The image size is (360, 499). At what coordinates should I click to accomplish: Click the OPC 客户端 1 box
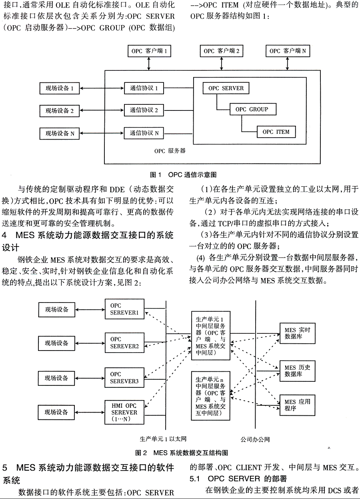(x=148, y=51)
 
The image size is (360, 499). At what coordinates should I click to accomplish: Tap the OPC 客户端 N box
(x=287, y=51)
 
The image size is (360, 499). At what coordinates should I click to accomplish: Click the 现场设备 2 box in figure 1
(x=60, y=110)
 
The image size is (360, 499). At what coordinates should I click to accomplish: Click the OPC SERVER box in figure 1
(x=226, y=88)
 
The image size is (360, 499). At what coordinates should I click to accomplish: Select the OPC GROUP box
(x=252, y=109)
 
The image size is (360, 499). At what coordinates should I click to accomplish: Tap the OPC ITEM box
(x=276, y=132)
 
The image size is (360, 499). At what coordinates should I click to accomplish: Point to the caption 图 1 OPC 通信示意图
(x=183, y=175)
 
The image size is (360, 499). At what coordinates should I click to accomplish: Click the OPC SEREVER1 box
(x=124, y=310)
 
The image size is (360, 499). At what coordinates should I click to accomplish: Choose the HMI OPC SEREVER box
(x=124, y=413)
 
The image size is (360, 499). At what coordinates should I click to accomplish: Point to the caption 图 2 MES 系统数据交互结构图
(x=182, y=453)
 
